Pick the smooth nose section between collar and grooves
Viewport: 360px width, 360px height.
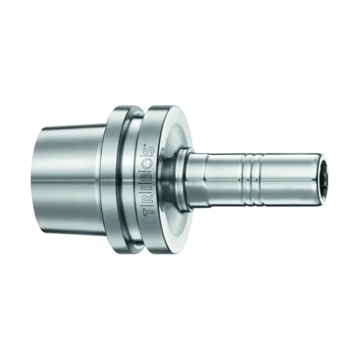(216, 178)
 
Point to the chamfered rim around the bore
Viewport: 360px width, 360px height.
(325, 178)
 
